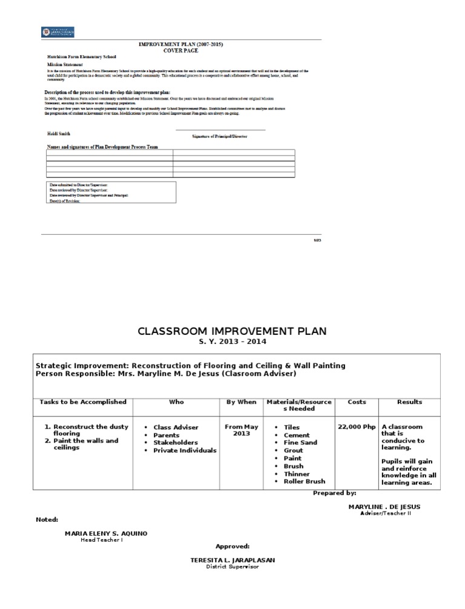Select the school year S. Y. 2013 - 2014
click(232, 342)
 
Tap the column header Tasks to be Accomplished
click(83, 402)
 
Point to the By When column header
click(242, 402)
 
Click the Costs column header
click(357, 402)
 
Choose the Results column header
click(409, 402)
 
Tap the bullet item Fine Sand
click(301, 443)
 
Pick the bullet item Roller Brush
click(304, 481)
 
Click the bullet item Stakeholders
click(176, 443)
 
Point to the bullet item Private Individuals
click(185, 450)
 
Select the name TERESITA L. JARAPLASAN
click(232, 561)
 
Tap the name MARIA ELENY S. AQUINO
click(105, 533)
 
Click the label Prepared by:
click(334, 493)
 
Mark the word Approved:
click(232, 546)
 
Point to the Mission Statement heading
click(65, 64)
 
